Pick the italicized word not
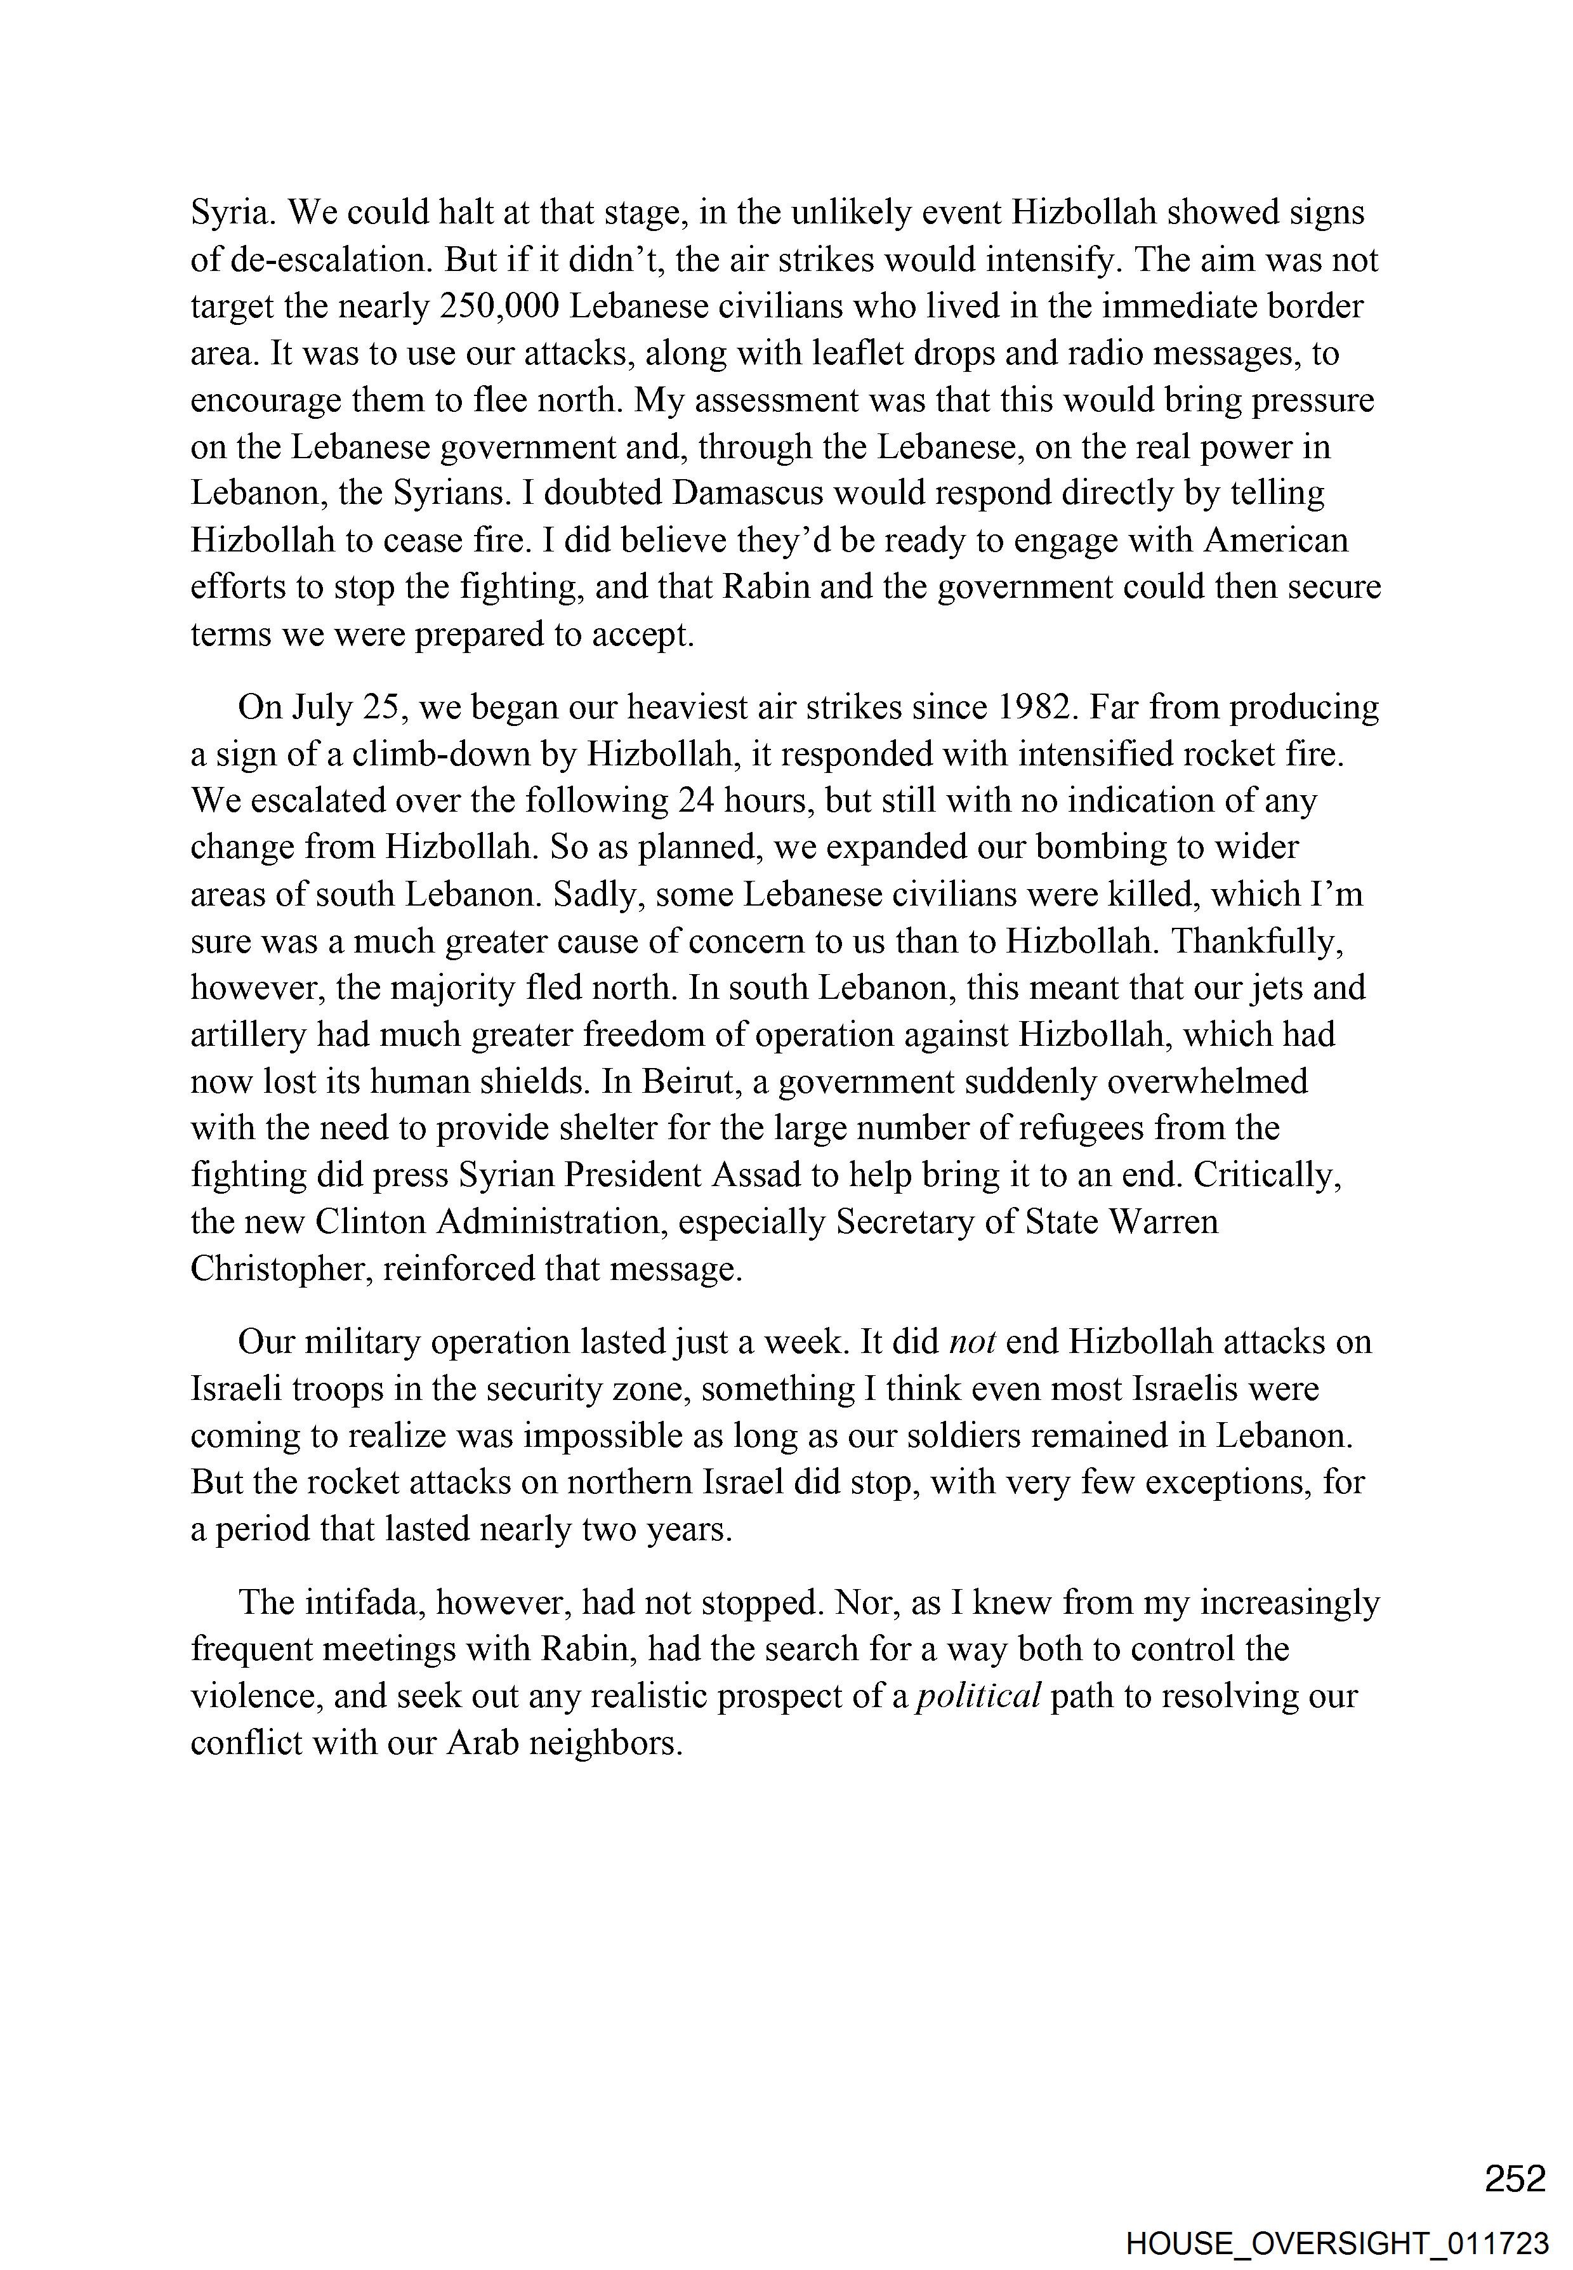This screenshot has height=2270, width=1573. point(973,1342)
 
